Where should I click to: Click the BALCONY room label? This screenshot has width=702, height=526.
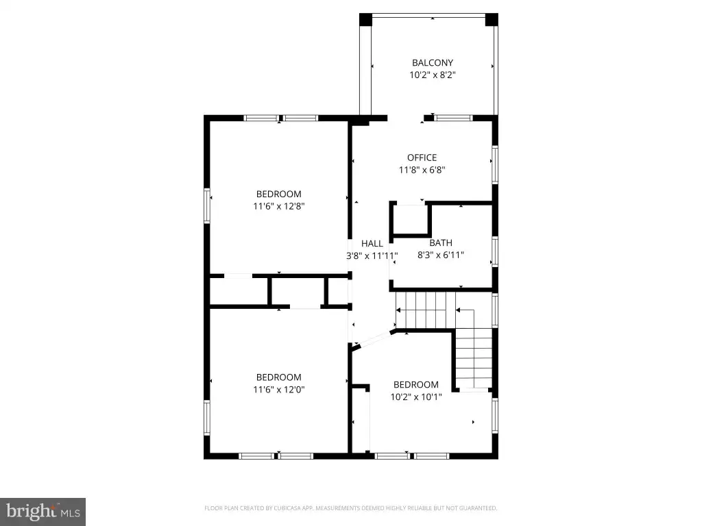click(433, 62)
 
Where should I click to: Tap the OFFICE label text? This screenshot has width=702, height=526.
click(422, 158)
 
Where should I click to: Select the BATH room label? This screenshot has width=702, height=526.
click(441, 243)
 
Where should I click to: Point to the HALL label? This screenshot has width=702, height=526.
click(372, 243)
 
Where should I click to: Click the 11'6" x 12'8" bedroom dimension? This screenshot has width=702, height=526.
click(279, 206)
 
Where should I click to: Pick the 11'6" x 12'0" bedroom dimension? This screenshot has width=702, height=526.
click(279, 390)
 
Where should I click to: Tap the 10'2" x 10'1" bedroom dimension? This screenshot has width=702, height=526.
click(416, 397)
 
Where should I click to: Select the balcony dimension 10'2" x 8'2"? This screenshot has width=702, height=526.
click(433, 75)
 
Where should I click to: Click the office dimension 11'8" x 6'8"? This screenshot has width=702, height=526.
click(422, 170)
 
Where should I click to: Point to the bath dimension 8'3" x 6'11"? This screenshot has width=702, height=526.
click(441, 255)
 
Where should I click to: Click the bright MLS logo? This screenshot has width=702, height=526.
click(43, 512)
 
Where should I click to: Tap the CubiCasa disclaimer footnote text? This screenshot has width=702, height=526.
click(350, 508)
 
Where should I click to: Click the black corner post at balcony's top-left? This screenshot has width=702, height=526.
click(366, 19)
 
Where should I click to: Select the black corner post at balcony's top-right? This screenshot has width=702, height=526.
click(492, 19)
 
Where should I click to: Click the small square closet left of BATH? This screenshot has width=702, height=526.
click(410, 219)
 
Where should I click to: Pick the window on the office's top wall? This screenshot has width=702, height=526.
click(454, 118)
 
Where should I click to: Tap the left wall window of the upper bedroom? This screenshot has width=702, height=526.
click(207, 205)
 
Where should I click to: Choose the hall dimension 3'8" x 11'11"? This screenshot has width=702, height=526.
click(372, 256)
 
